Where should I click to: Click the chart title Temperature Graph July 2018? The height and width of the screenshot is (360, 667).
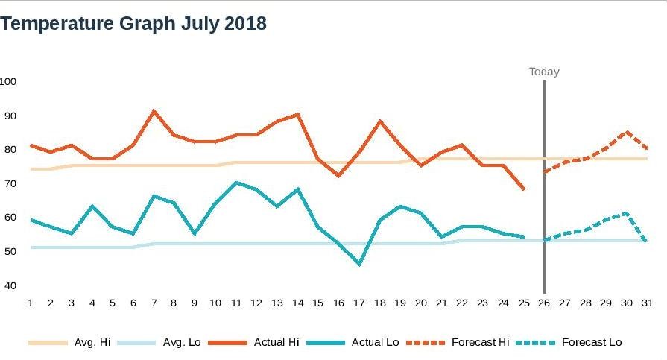click(134, 24)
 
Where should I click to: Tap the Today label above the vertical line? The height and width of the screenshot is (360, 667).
click(544, 72)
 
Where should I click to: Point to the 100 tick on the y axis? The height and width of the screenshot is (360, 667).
click(8, 81)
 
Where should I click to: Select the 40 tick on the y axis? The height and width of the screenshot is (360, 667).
click(10, 285)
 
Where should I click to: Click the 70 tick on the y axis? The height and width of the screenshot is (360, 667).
click(10, 183)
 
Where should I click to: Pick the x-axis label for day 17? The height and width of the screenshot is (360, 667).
click(359, 303)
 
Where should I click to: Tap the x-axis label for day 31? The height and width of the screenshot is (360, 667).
click(646, 303)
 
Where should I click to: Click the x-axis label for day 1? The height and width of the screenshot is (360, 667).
click(31, 303)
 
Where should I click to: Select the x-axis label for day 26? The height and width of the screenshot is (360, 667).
click(544, 303)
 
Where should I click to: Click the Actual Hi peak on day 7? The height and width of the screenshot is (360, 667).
click(154, 111)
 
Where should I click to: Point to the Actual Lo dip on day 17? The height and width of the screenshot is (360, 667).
click(359, 264)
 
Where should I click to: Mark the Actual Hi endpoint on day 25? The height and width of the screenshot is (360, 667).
click(524, 189)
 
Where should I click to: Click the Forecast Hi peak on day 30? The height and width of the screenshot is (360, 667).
click(627, 132)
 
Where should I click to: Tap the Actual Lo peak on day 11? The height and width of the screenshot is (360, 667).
click(235, 182)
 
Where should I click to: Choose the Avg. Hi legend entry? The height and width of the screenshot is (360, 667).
click(73, 342)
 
